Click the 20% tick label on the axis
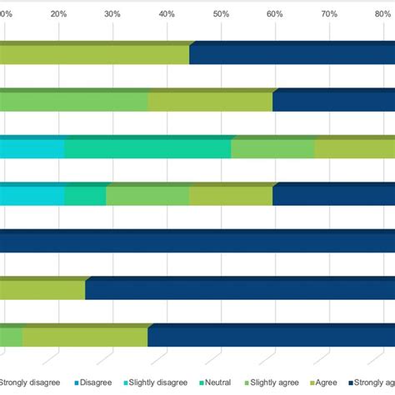coord(59,14)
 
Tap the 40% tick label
coord(167,14)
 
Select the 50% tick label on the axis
coord(221,14)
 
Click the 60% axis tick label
coord(275,14)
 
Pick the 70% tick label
coord(329,14)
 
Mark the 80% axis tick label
coord(382,14)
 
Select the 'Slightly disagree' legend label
coord(158,382)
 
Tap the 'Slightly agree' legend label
coord(276,382)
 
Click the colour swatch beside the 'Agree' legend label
coord(313,382)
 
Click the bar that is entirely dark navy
coord(197,242)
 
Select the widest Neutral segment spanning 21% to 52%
coord(147,148)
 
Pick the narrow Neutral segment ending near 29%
coord(85,195)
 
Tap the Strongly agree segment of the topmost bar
coord(292,54)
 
